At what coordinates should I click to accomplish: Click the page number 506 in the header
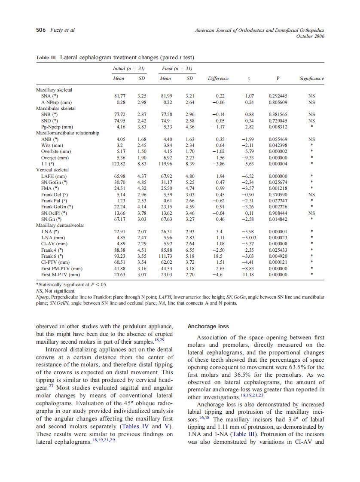(x=41, y=30)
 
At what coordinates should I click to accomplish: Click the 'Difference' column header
(x=218, y=79)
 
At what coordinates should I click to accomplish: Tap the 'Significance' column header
(x=311, y=79)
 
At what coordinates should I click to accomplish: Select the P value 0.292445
(x=278, y=96)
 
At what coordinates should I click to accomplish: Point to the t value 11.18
(x=248, y=275)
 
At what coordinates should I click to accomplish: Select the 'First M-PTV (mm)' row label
(x=61, y=275)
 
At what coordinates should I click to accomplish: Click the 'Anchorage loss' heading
(x=208, y=326)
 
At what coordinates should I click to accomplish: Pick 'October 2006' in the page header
(x=310, y=36)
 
